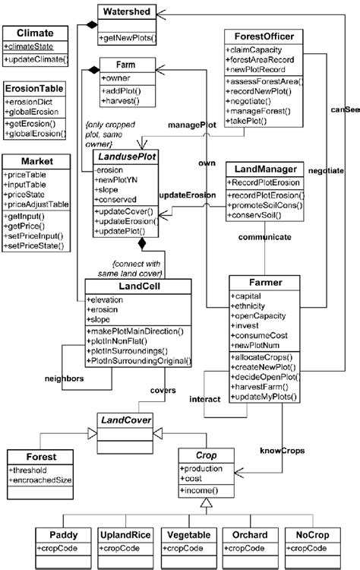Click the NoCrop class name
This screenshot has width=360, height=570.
pyautogui.click(x=307, y=535)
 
